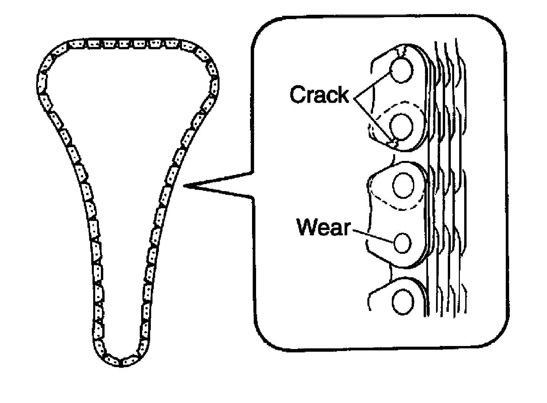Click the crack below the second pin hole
point(393,142)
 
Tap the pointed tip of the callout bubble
point(184,185)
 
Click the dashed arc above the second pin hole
point(399,108)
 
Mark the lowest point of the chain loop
point(121,367)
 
